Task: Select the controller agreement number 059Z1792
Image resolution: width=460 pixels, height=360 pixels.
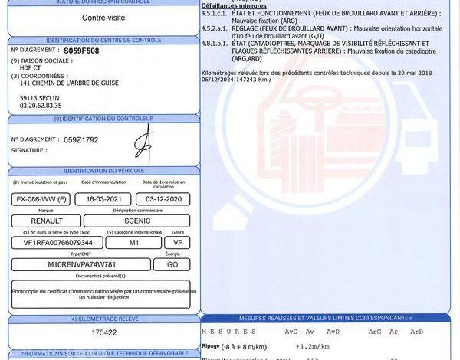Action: [80, 139]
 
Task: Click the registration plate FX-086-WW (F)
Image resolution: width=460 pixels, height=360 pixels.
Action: [42, 199]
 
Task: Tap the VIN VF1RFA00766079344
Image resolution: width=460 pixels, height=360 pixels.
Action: [54, 242]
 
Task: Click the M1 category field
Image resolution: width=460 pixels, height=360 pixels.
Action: [133, 242]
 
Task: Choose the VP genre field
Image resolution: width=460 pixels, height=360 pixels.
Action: [178, 242]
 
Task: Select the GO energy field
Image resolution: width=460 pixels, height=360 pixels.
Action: [172, 264]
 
